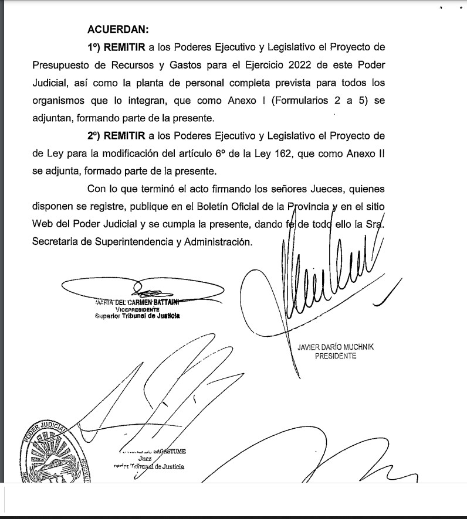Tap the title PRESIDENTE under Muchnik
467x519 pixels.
tap(336, 356)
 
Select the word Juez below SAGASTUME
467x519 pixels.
tap(141, 459)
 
